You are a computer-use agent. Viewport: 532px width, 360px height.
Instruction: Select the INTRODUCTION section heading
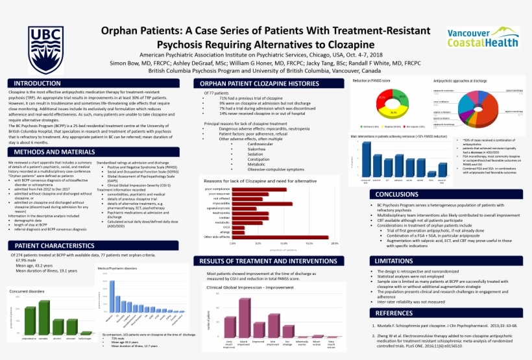click(38, 84)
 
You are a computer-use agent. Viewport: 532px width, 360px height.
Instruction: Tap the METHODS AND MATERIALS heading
click(51, 152)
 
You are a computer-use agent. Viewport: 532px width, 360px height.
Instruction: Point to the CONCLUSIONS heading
click(396, 194)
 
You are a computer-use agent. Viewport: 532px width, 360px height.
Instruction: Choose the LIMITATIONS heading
click(394, 260)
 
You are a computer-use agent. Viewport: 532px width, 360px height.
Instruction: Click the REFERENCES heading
click(393, 313)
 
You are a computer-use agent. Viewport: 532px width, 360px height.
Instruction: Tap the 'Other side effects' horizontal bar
click(282, 237)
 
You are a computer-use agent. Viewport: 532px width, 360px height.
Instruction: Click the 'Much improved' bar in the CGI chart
click(245, 318)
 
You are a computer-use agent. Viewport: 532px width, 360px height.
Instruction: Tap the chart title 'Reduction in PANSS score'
click(371, 80)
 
